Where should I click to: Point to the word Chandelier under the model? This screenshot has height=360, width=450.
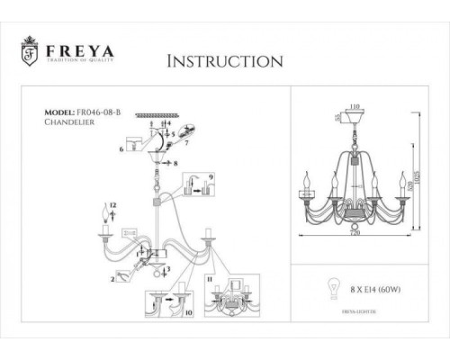click(x=69, y=125)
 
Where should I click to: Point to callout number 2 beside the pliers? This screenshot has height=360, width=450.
click(x=111, y=281)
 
